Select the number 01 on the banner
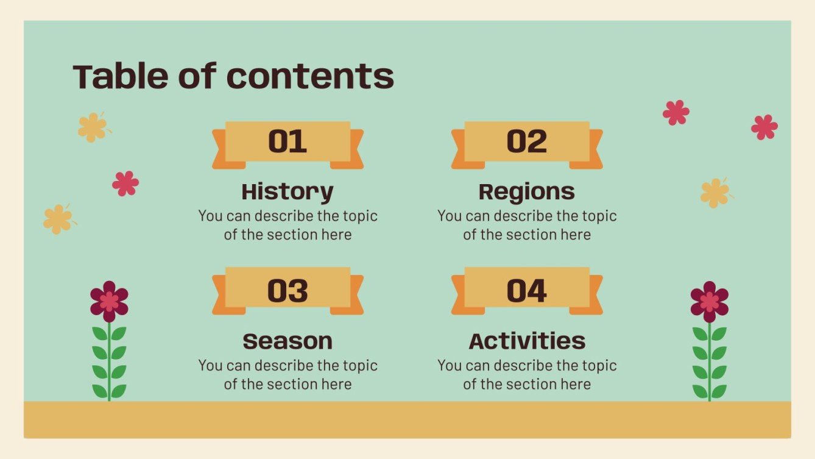coord(288,141)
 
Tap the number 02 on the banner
coord(527,141)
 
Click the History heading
coord(288,191)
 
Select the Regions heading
coord(527,191)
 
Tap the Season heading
coord(288,341)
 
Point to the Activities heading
coord(527,341)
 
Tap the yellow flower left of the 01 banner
coord(92,127)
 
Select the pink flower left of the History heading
coord(125,183)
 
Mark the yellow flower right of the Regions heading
coord(714,193)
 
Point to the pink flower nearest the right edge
coord(764,127)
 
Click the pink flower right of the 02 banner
coord(676,113)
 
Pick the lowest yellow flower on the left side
coord(58,219)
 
